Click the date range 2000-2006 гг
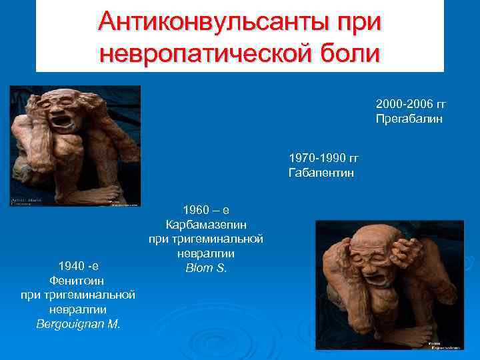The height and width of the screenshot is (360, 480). pyautogui.click(x=410, y=105)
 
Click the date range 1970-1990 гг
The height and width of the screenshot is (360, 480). pyautogui.click(x=323, y=159)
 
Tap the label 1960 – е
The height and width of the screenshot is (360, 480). pyautogui.click(x=205, y=209)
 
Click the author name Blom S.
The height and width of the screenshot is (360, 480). pyautogui.click(x=205, y=268)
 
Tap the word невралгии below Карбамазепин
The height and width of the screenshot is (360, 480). pyautogui.click(x=205, y=253)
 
